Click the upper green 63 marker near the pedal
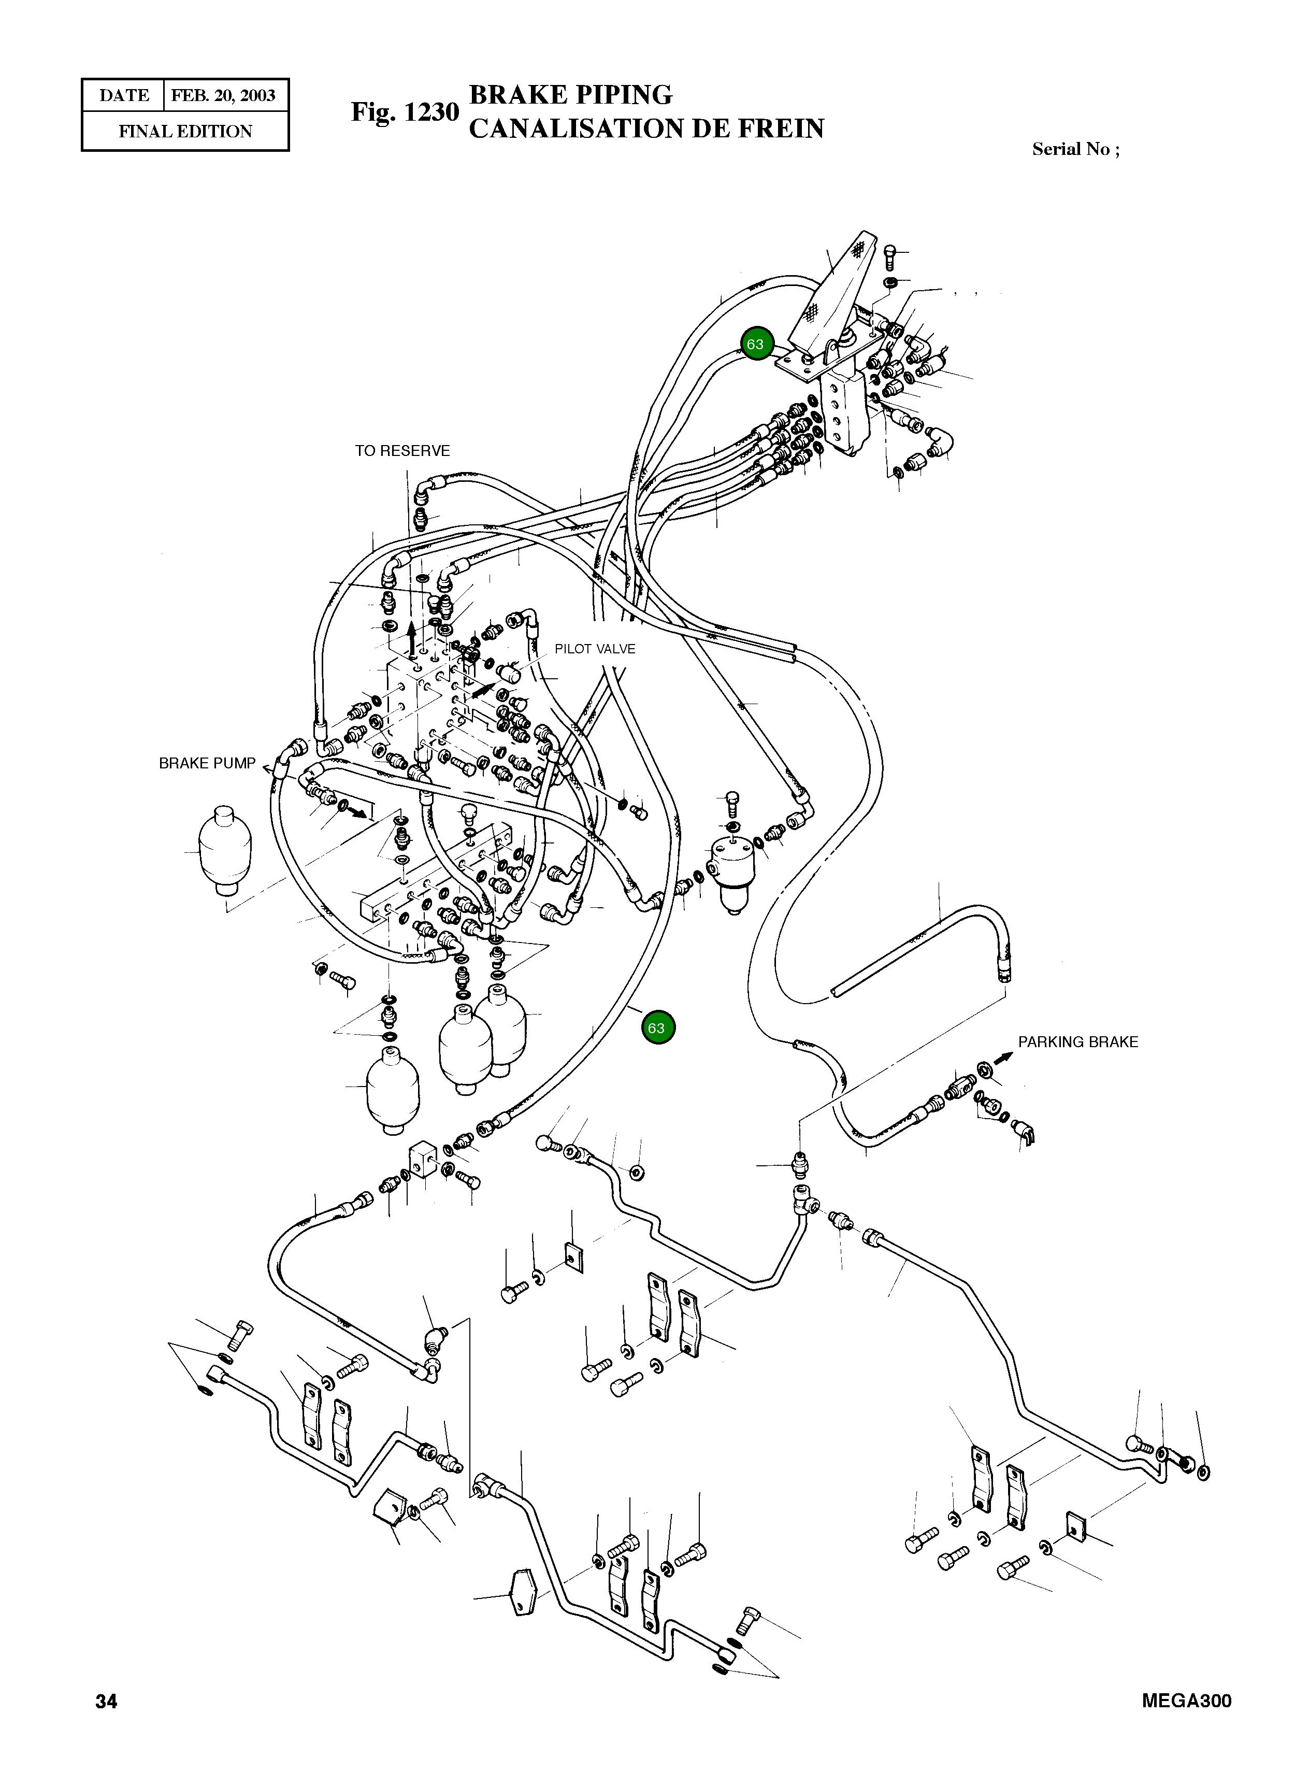[755, 344]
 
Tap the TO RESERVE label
[402, 451]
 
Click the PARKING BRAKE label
[1077, 1042]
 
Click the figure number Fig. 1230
[405, 112]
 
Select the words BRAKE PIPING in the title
[570, 95]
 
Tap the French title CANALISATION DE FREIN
[646, 128]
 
